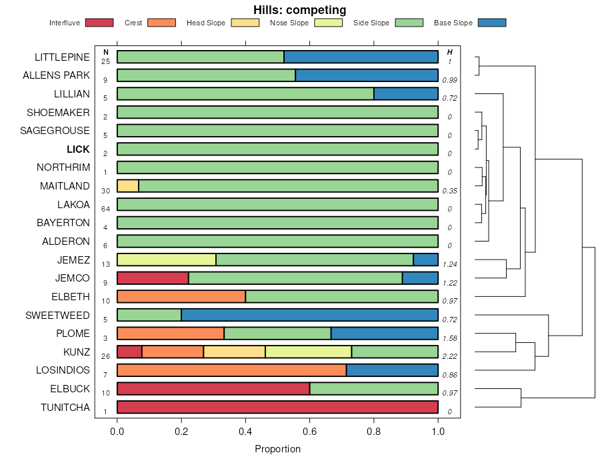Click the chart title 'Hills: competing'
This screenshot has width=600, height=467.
point(299,10)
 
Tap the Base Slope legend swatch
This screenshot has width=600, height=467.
point(492,23)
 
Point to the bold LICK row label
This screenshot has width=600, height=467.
point(78,149)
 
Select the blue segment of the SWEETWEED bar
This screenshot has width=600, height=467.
point(309,315)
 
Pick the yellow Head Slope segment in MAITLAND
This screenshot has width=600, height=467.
point(128,186)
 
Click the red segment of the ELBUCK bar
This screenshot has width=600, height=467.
point(213,389)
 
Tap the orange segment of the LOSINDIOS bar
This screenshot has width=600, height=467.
point(231,370)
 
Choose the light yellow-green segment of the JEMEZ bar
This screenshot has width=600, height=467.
point(167,260)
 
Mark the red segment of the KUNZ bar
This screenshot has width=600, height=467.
point(129,352)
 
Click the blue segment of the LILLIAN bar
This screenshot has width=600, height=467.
point(405,93)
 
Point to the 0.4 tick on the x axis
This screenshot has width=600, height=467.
point(245,432)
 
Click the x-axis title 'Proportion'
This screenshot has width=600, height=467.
point(277,449)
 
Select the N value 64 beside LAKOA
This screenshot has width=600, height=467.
point(105,209)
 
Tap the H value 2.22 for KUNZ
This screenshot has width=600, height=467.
point(449,356)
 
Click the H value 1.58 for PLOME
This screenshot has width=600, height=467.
point(449,338)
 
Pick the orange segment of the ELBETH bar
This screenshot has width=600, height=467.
point(181,296)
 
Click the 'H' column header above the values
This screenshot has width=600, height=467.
point(450,52)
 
